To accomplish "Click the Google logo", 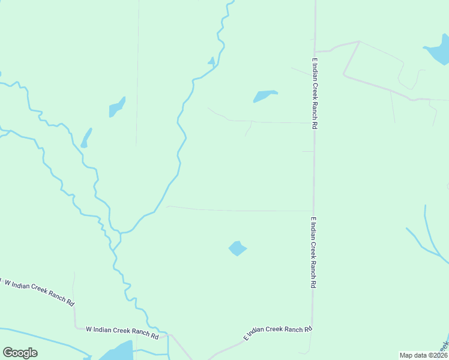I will tap(20, 353).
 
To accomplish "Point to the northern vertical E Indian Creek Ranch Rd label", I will tap(313, 94).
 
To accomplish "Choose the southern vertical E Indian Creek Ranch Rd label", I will tap(313, 253).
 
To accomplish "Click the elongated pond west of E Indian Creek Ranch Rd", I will tap(264, 95).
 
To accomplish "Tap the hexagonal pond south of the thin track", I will tap(237, 248).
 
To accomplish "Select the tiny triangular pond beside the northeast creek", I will tap(211, 61).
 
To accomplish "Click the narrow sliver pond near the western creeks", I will tap(86, 138).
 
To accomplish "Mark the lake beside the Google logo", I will tap(117, 352).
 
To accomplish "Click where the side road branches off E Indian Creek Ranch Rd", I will tap(314, 52).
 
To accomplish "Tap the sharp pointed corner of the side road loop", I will tap(358, 41).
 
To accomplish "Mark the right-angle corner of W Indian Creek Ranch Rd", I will tap(75, 328).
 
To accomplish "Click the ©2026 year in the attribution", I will tap(436, 355).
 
